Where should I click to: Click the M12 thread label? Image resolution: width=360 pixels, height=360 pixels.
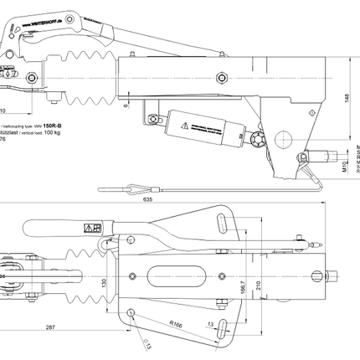[x=346, y=167]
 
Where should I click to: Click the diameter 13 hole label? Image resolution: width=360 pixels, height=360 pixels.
[x=149, y=342]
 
